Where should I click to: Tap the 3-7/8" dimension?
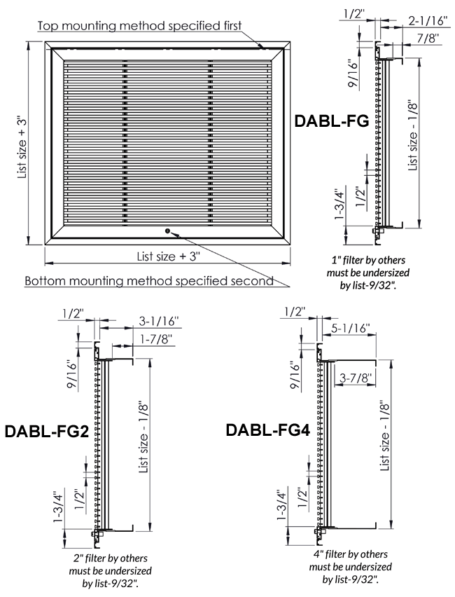pyautogui.click(x=355, y=378)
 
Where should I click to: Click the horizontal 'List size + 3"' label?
pyautogui.click(x=169, y=256)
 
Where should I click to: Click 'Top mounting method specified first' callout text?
pyautogui.click(x=139, y=26)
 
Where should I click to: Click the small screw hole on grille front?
pyautogui.click(x=167, y=231)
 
